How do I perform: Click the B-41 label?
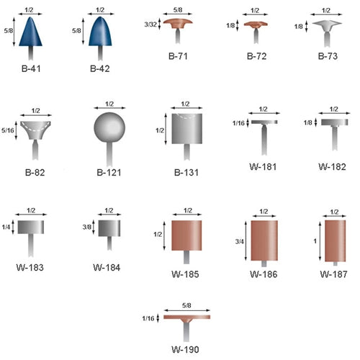[31, 69]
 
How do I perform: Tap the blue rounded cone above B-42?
[100, 32]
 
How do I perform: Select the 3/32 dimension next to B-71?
[150, 24]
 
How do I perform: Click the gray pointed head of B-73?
[327, 26]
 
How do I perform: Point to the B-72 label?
[256, 56]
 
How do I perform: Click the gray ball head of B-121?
[109, 127]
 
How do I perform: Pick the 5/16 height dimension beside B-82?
[8, 130]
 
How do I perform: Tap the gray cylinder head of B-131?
[186, 129]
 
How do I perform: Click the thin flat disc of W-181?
[264, 122]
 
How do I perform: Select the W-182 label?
[332, 167]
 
